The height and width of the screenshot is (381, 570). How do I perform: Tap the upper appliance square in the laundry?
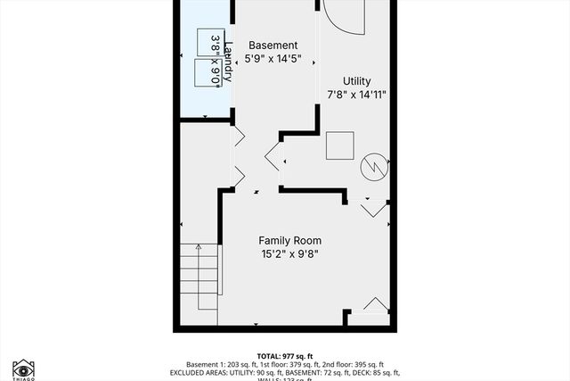coord(208,43)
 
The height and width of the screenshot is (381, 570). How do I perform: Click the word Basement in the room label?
coord(273,46)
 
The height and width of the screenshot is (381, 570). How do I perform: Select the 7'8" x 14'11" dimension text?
coord(356,95)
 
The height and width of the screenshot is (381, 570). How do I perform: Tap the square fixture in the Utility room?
coord(339,145)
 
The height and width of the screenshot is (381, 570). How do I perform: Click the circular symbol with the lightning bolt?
coord(373,167)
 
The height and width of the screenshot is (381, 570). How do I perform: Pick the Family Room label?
coord(289,240)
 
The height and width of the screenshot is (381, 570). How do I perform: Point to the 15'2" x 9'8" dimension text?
coord(289,254)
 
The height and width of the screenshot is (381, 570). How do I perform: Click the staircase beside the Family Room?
coord(200,277)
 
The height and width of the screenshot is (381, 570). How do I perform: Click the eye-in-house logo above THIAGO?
coord(22,368)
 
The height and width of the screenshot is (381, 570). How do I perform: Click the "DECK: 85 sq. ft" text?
coord(367,373)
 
